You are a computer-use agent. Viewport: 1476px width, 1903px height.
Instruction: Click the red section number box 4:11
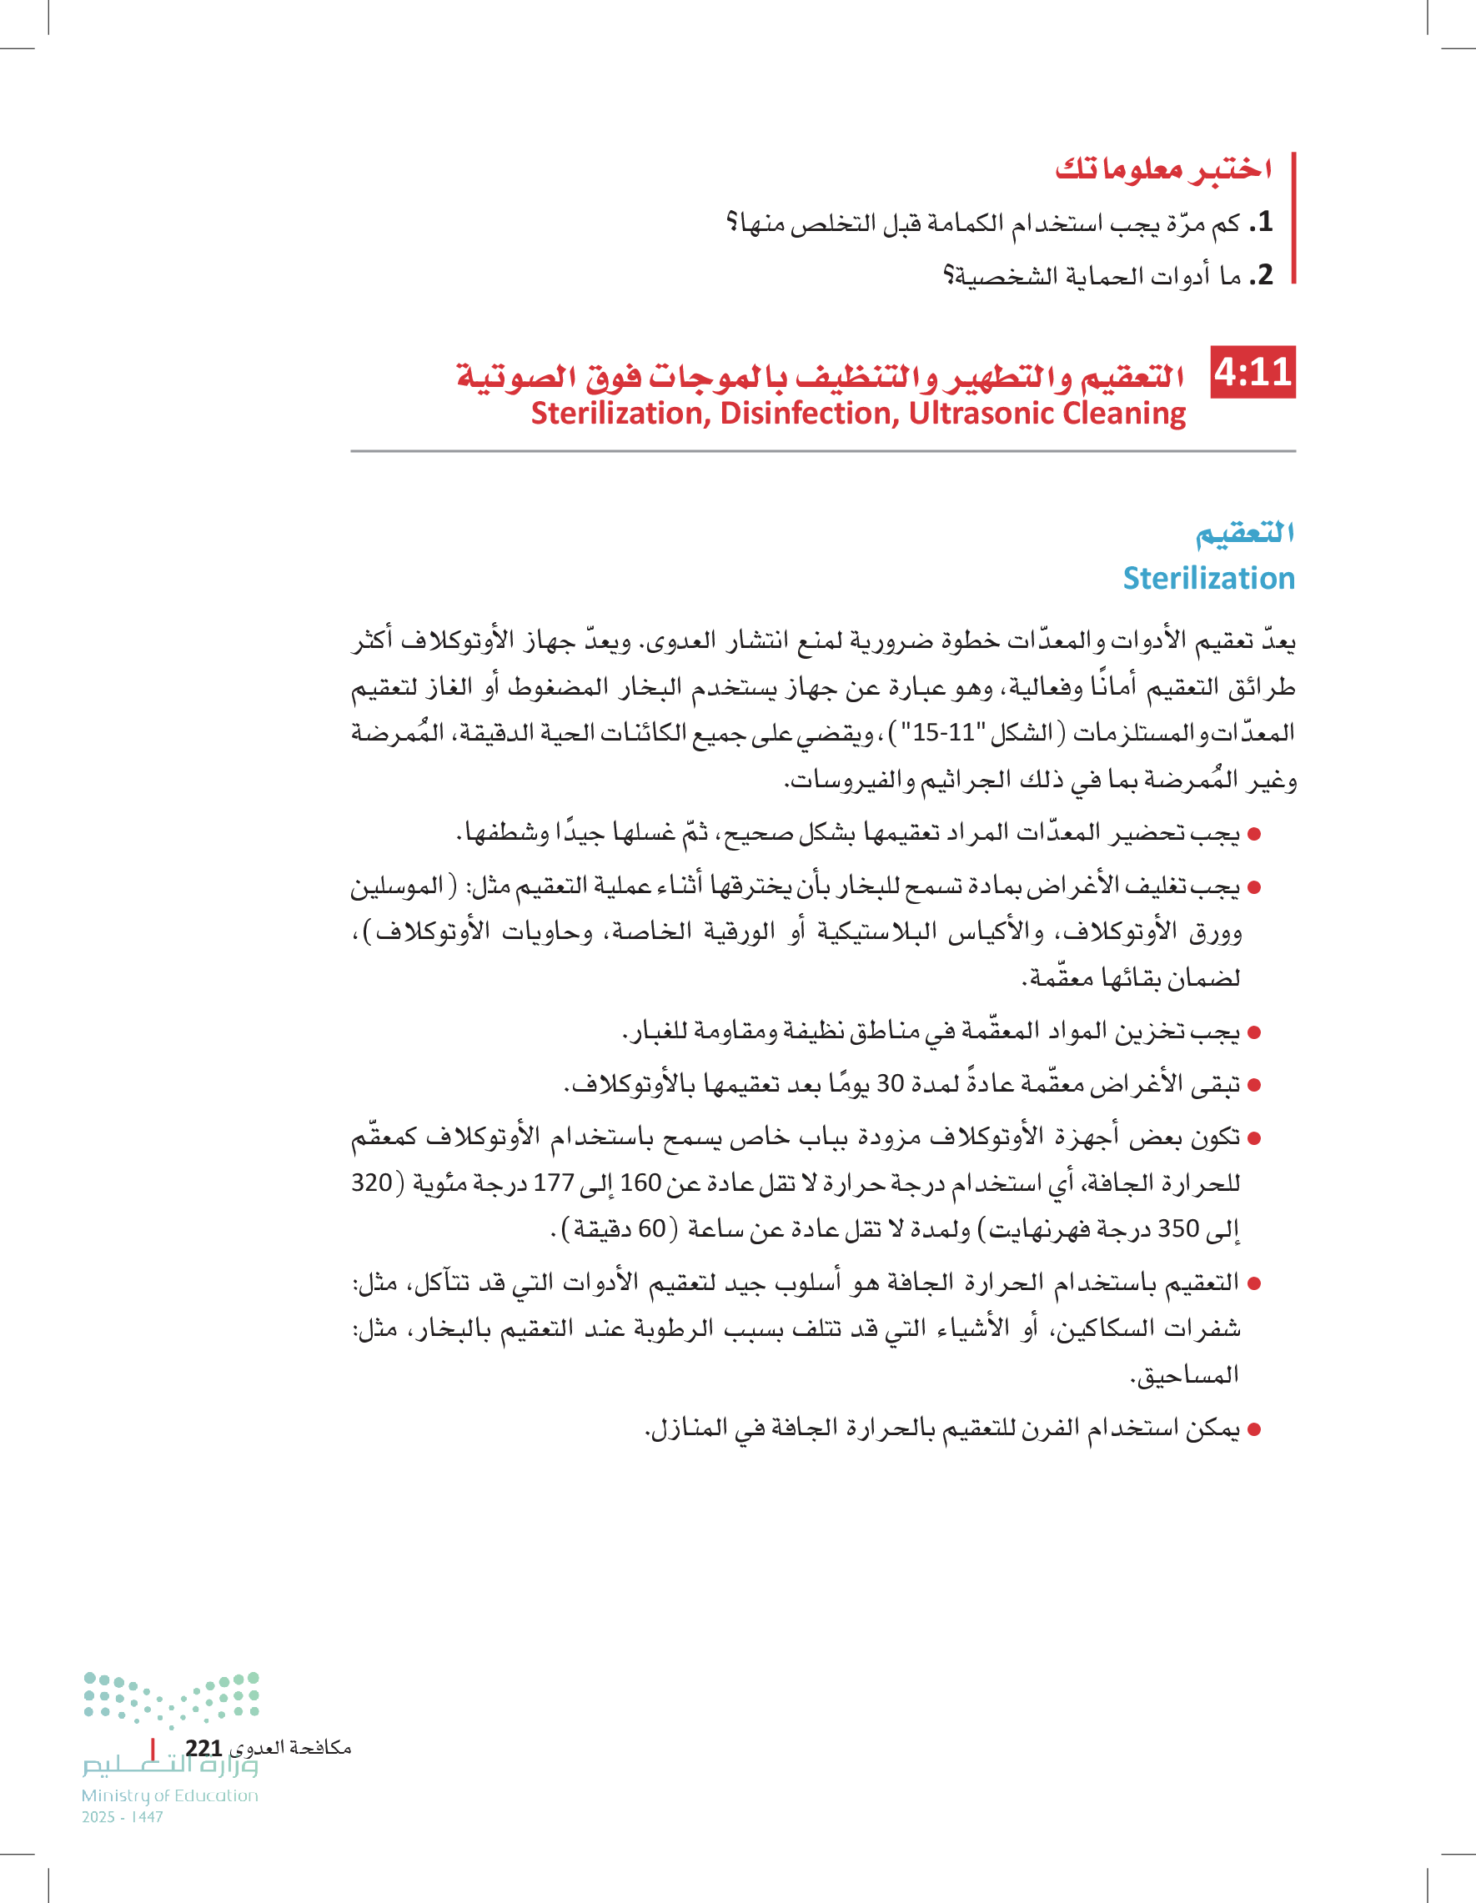pos(1253,373)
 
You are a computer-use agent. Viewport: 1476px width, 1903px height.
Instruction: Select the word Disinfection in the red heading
pos(810,413)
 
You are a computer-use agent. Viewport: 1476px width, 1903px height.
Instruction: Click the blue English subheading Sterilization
pos(1208,578)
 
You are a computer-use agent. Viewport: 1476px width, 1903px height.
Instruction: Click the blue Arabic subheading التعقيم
pos(1244,532)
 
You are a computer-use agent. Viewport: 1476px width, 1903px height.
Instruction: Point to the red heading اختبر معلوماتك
pos(1163,168)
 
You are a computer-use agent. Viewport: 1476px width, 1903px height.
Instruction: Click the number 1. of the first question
pos(1261,222)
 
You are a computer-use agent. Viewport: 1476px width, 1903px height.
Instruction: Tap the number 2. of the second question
pos(1261,275)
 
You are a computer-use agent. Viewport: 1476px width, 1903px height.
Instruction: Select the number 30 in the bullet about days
pos(890,1083)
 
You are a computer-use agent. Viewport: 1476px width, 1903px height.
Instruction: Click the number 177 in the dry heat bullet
pos(552,1182)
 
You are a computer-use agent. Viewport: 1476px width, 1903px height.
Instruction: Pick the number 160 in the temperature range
pos(640,1182)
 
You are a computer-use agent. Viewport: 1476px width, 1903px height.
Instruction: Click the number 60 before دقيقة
pos(652,1228)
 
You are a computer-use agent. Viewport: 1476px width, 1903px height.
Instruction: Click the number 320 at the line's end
pos(372,1182)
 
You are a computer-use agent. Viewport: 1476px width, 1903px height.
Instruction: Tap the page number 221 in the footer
pos(203,1748)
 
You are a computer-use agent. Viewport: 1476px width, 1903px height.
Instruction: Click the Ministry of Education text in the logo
pos(170,1795)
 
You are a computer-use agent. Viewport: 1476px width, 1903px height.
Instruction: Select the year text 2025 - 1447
pos(123,1817)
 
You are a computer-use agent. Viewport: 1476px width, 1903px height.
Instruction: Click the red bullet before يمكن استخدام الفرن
pos(1255,1430)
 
